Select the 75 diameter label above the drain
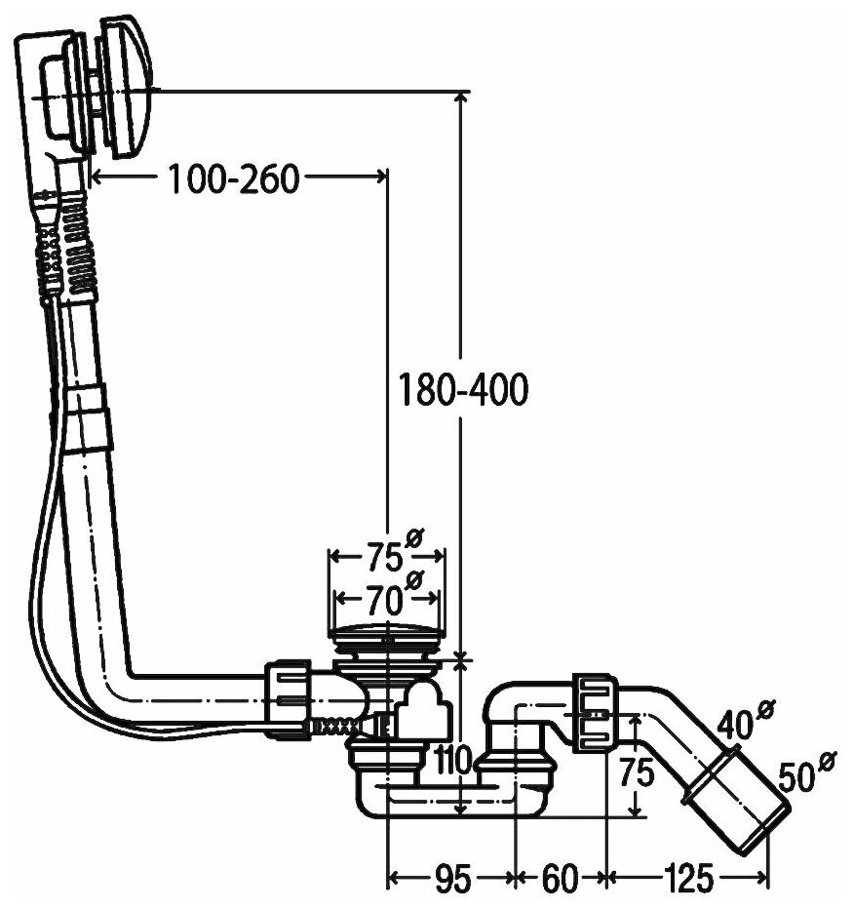[x=379, y=558]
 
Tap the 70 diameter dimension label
[x=379, y=592]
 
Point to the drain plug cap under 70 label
[x=387, y=634]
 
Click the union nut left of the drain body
[x=289, y=694]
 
